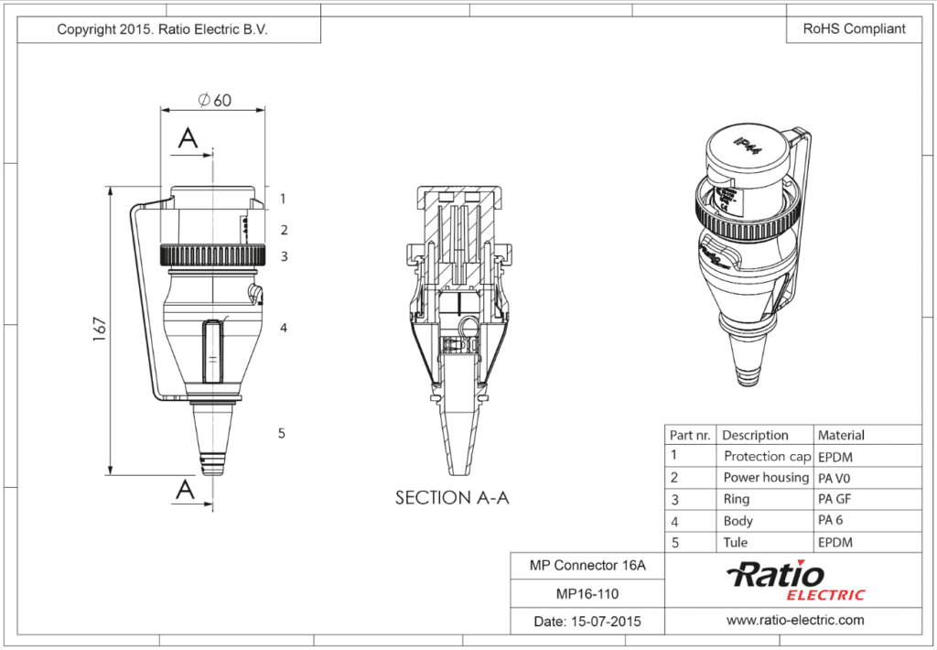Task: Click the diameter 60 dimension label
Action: click(215, 100)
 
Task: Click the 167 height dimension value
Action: click(100, 330)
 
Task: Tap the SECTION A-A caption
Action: click(451, 498)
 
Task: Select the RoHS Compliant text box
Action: click(854, 28)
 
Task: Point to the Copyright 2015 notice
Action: click(162, 29)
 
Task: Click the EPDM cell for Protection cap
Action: click(835, 456)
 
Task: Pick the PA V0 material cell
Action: click(835, 478)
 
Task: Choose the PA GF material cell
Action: click(835, 499)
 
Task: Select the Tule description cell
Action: click(735, 542)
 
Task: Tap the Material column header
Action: click(840, 435)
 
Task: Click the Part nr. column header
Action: click(690, 435)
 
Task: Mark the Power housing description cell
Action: click(765, 478)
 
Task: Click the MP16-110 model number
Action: click(587, 593)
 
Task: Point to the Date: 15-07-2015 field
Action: click(587, 622)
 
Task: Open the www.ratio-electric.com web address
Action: click(794, 621)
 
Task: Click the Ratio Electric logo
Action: click(794, 581)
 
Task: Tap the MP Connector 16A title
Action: click(587, 566)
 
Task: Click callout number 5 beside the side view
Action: click(282, 433)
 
